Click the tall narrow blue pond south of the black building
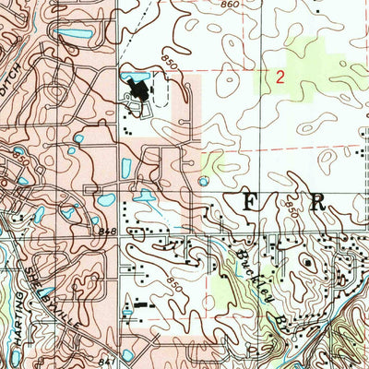125,168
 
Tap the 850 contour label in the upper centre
165,65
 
